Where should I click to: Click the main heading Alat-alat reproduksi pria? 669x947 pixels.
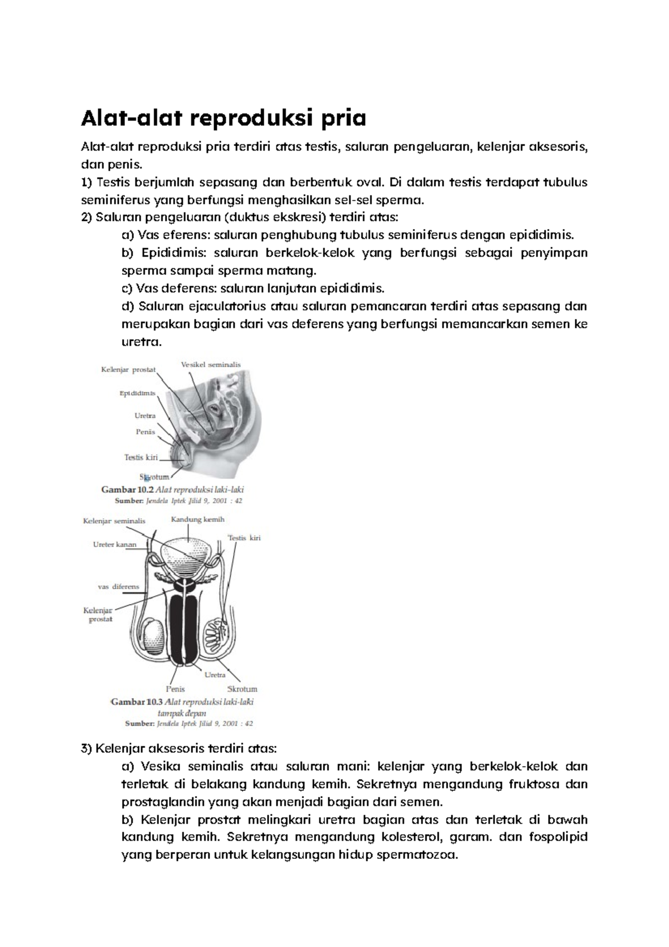(x=224, y=118)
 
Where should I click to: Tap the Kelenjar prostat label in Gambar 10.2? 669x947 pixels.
(x=128, y=369)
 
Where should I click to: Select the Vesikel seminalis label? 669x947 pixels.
(x=211, y=365)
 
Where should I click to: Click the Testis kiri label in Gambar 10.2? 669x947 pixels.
(x=141, y=457)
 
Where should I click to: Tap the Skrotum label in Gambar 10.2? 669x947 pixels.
(x=154, y=477)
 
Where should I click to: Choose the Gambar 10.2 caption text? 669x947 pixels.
(x=172, y=490)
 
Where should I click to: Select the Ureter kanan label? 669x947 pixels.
(x=114, y=545)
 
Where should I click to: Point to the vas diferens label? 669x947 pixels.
(x=118, y=587)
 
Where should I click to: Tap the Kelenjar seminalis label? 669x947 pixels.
(x=114, y=521)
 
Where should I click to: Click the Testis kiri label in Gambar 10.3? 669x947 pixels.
(x=244, y=538)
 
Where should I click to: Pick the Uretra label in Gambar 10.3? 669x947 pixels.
(x=215, y=675)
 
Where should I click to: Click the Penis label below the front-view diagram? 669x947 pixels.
(x=175, y=689)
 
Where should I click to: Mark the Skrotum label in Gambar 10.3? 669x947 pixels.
(x=242, y=689)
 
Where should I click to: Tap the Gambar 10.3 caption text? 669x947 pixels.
(x=182, y=702)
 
